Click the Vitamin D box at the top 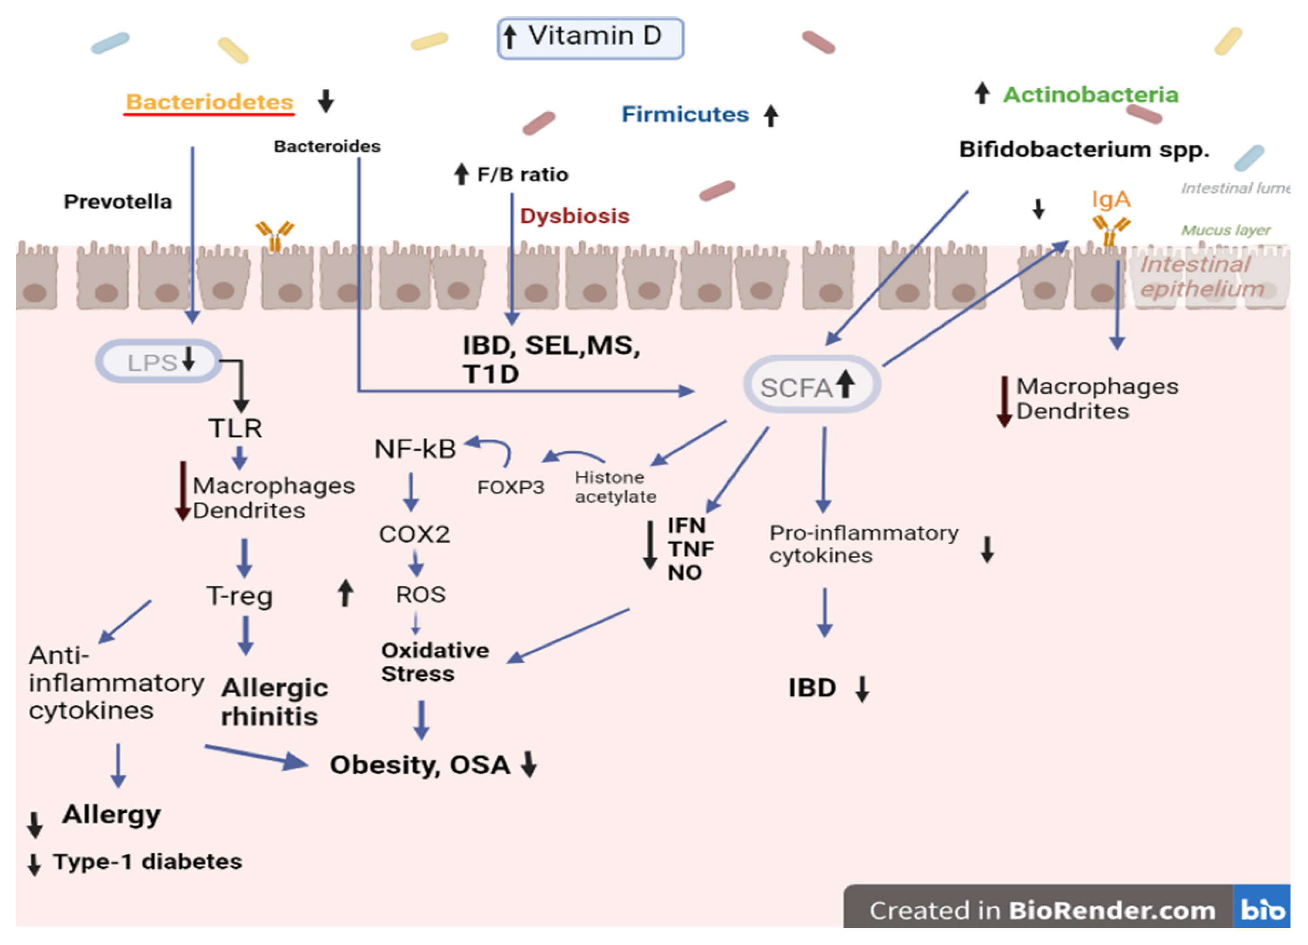pos(590,38)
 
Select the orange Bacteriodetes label pos(209,102)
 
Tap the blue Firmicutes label pos(684,114)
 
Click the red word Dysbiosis pos(574,216)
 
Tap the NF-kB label pos(415,449)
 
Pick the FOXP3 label pos(510,487)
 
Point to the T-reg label pos(239,595)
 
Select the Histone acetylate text pos(615,487)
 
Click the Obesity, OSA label pos(420,764)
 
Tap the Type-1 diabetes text pos(148,861)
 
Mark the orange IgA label pos(1110,200)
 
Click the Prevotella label pos(118,202)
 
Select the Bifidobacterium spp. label pos(1084,149)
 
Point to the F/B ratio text pos(522,174)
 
